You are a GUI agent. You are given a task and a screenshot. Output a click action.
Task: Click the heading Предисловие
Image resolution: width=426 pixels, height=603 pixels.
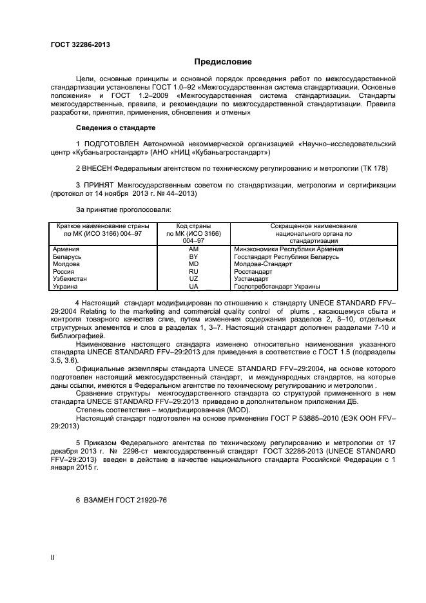[x=223, y=62]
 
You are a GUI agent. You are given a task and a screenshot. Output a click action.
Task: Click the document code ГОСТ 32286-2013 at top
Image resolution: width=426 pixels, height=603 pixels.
[x=80, y=44]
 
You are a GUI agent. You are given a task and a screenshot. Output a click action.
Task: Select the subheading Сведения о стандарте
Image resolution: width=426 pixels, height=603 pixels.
[x=115, y=127]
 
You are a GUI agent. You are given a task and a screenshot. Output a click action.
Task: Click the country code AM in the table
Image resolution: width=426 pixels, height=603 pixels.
[x=193, y=249]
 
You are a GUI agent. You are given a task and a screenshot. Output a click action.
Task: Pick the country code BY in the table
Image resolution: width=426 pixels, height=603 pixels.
[x=193, y=256]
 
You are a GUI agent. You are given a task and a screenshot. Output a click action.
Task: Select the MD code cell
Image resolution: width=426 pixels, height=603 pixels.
[x=193, y=264]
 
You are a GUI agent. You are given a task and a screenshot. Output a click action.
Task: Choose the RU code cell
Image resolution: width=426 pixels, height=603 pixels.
[x=193, y=272]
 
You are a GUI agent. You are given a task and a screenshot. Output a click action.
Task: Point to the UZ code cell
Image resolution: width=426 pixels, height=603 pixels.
[x=193, y=279]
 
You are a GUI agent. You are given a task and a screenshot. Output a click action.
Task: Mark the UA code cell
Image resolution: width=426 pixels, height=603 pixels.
[x=193, y=287]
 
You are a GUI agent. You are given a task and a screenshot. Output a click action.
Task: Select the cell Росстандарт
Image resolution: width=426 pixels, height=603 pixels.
[x=253, y=272]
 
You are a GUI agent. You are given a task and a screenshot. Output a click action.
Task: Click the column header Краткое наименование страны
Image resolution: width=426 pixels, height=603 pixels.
[x=103, y=226]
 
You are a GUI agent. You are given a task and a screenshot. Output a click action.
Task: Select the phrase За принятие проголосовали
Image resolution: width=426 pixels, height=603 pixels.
[x=123, y=209]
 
